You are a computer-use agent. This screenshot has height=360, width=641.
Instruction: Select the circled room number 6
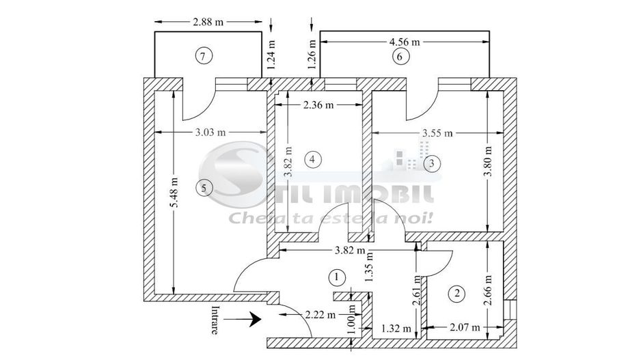click(400, 57)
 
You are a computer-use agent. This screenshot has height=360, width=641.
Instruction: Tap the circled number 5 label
click(202, 186)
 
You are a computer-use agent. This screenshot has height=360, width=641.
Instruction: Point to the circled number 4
click(312, 160)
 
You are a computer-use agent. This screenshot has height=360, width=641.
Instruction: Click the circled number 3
click(431, 164)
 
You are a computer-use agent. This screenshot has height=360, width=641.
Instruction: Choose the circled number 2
click(456, 294)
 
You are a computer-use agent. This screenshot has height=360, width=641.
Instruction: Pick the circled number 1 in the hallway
click(336, 277)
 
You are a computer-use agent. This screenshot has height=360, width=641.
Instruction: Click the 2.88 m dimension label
click(208, 22)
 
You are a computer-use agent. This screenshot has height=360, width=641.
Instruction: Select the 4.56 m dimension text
click(404, 42)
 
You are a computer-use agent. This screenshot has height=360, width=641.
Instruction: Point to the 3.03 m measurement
click(210, 133)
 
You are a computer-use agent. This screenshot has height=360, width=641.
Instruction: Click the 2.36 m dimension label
click(318, 105)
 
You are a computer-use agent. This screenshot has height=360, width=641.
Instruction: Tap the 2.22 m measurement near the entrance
click(320, 315)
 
